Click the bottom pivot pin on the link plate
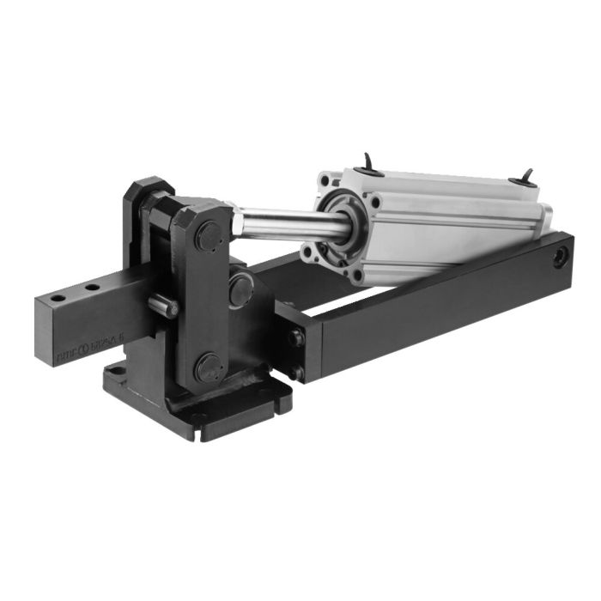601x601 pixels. (209, 367)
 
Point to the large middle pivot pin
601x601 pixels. (241, 289)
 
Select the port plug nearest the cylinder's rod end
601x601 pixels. (369, 163)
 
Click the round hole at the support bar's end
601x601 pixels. (560, 256)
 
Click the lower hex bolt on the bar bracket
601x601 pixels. (297, 372)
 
